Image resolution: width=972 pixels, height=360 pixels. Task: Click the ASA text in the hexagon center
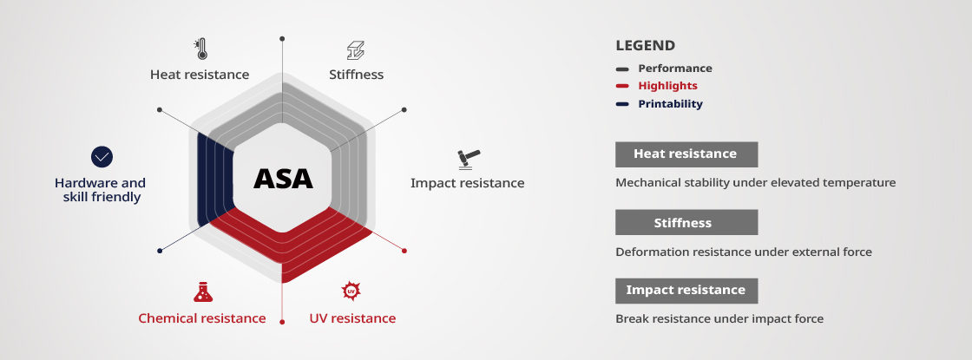[x=283, y=179]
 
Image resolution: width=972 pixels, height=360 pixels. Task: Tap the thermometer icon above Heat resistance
[x=200, y=49]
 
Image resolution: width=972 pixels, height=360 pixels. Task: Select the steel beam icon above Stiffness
[x=356, y=49]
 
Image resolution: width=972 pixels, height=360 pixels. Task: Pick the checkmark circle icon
[x=102, y=157]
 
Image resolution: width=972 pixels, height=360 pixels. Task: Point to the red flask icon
[x=202, y=291]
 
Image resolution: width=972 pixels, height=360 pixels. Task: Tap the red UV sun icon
[x=351, y=291]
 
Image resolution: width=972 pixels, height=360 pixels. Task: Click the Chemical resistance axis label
[x=202, y=318]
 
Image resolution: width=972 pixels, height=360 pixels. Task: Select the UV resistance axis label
[x=352, y=318]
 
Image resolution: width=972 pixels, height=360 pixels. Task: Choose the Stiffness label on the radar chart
[x=356, y=75]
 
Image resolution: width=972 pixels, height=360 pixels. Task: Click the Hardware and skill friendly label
[x=100, y=190]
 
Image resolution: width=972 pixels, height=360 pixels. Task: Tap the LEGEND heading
[x=645, y=46]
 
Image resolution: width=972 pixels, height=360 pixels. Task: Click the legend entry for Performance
[x=674, y=69]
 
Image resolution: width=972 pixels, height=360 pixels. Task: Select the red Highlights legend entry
[x=667, y=86]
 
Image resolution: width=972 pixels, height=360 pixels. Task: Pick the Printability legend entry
[x=670, y=104]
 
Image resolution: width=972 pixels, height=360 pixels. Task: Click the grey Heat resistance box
[x=686, y=154]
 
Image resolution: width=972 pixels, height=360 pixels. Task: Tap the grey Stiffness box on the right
[x=686, y=223]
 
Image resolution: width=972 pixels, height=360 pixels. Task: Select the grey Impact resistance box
[x=686, y=291]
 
